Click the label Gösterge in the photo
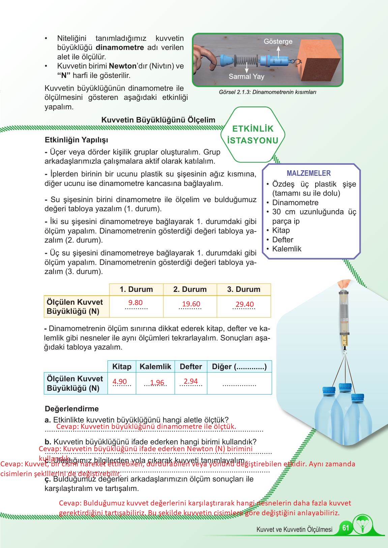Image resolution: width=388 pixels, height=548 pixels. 278,42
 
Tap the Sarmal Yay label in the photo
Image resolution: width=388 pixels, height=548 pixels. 246,77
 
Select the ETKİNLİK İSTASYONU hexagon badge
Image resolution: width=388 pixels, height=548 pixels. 253,135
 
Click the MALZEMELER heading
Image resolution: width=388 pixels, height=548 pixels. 308,173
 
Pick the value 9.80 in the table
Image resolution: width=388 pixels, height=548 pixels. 136,303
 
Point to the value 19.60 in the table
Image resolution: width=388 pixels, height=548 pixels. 191,304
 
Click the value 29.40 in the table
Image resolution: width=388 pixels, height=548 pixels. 245,304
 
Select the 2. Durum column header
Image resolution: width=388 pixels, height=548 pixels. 190,290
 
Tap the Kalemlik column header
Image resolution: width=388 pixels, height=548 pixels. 155,367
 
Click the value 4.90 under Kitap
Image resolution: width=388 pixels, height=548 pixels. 120,382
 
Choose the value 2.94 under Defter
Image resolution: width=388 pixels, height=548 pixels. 190,381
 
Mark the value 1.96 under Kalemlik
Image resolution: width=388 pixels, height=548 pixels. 157,383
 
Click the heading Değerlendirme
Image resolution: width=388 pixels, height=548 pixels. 72,409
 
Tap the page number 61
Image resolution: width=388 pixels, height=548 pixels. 346,527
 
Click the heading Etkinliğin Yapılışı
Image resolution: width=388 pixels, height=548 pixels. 77,140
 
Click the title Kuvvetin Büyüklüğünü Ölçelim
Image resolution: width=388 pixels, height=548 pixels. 158,120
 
